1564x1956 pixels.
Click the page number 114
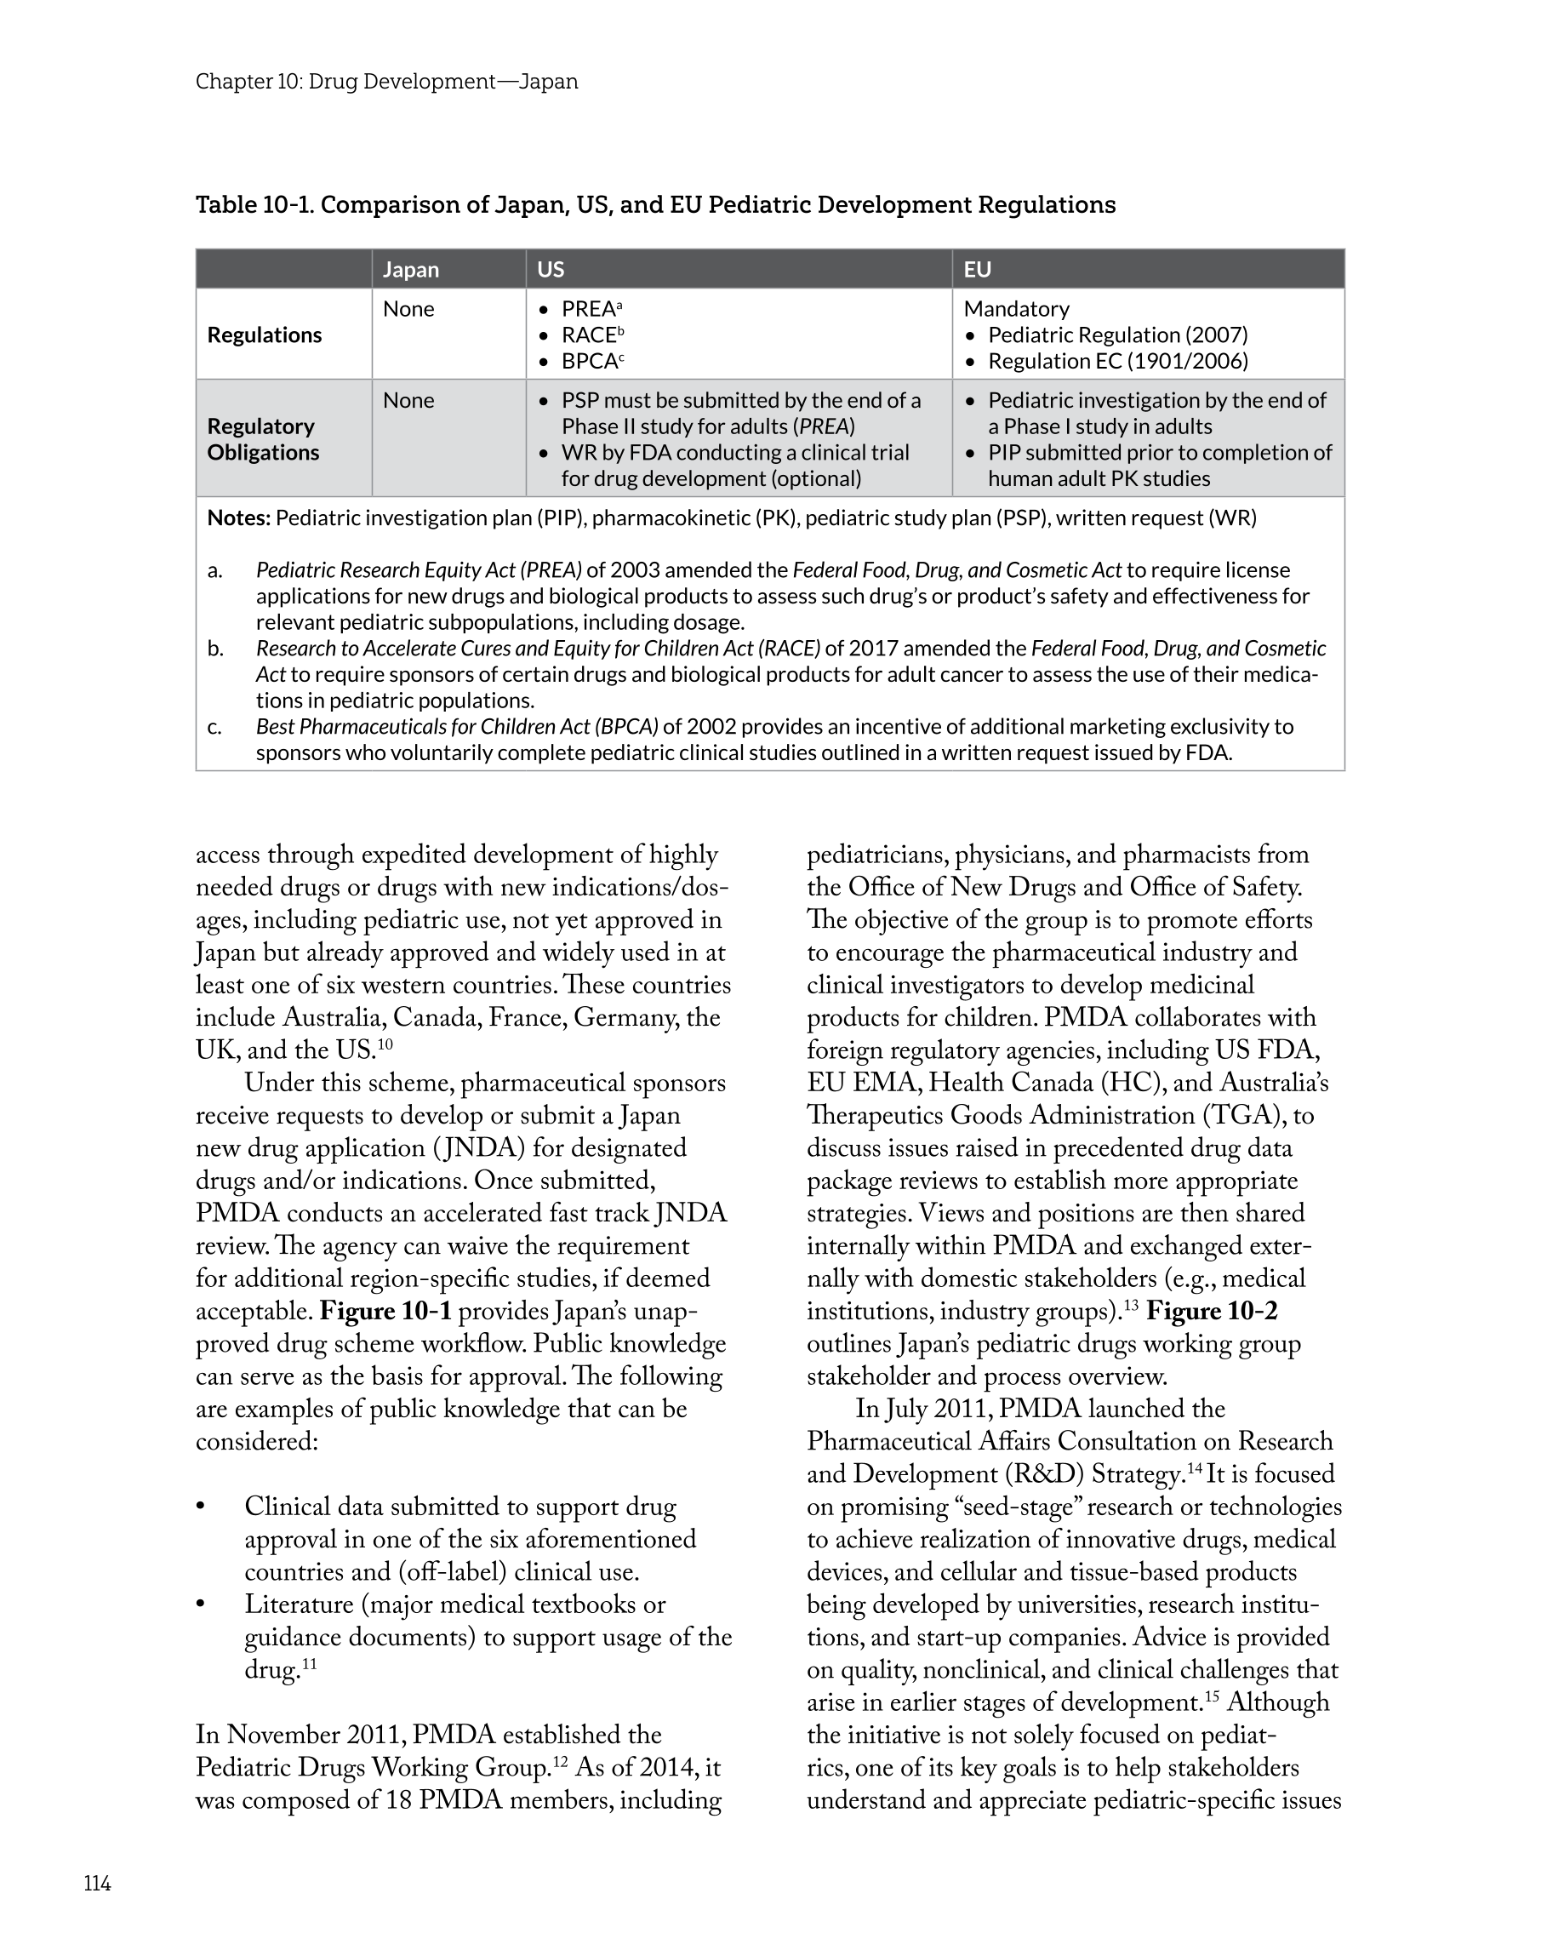pyautogui.click(x=97, y=1884)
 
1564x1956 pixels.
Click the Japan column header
pyautogui.click(x=411, y=270)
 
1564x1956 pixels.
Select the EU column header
pyautogui.click(x=977, y=270)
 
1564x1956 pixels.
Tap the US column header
pyautogui.click(x=551, y=270)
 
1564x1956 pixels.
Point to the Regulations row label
pyautogui.click(x=264, y=335)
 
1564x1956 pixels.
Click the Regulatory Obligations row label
pyautogui.click(x=263, y=439)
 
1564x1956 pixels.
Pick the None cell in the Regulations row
pyautogui.click(x=408, y=309)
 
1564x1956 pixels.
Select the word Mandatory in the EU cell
pyautogui.click(x=1016, y=309)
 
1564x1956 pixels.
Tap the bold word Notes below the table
pyautogui.click(x=238, y=518)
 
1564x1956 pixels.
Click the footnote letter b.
pyautogui.click(x=215, y=649)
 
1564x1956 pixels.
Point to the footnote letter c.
pyautogui.click(x=214, y=727)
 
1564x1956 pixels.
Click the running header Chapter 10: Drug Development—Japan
pyautogui.click(x=386, y=82)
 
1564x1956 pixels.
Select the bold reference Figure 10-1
pyautogui.click(x=385, y=1311)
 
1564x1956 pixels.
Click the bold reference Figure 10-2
pyautogui.click(x=1212, y=1311)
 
